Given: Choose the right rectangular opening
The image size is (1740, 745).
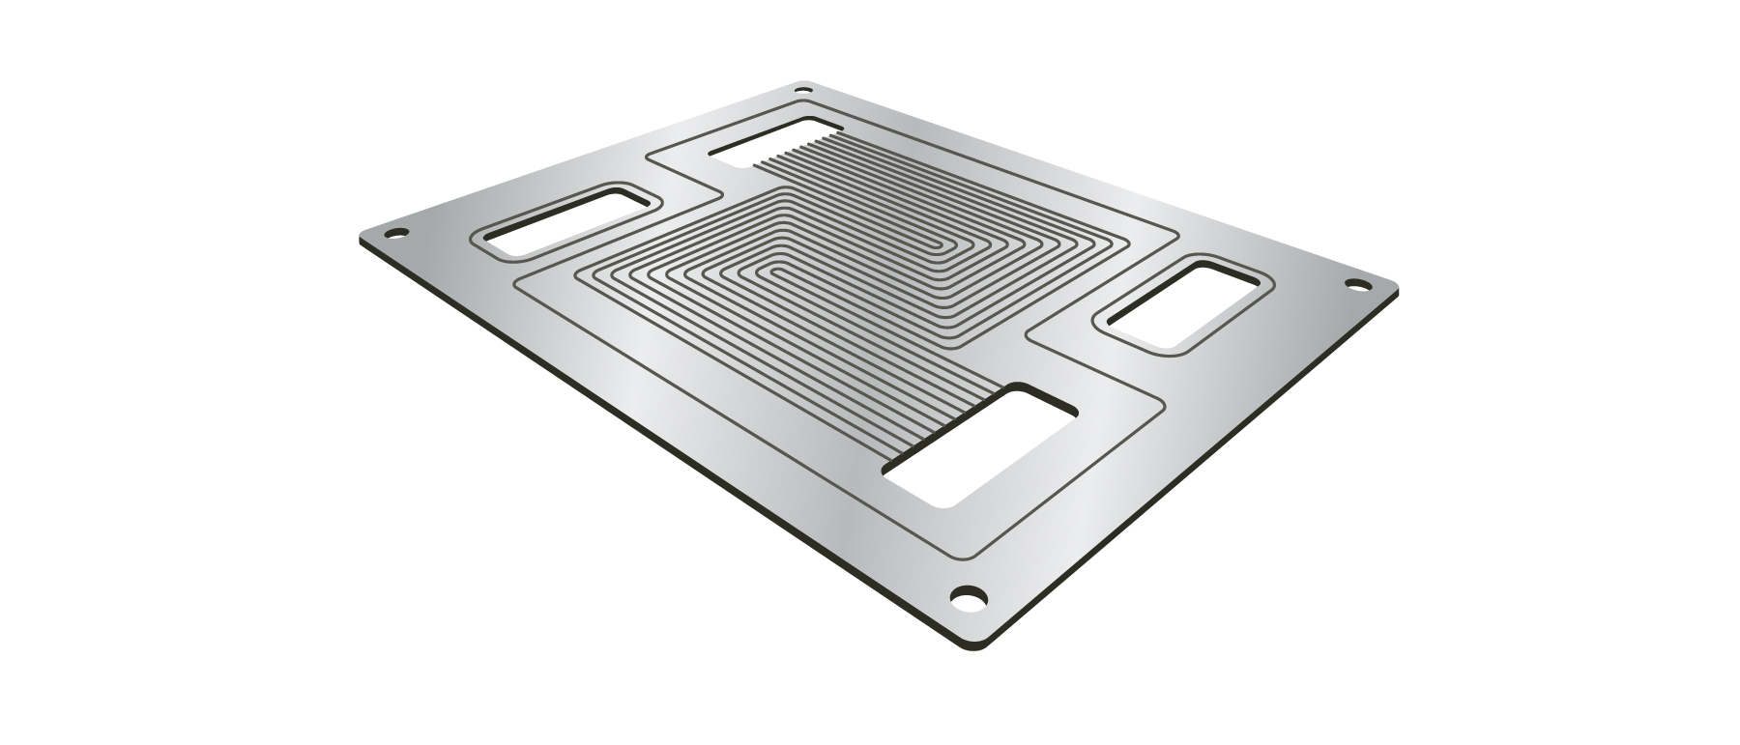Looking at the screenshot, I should coord(1180,304).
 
